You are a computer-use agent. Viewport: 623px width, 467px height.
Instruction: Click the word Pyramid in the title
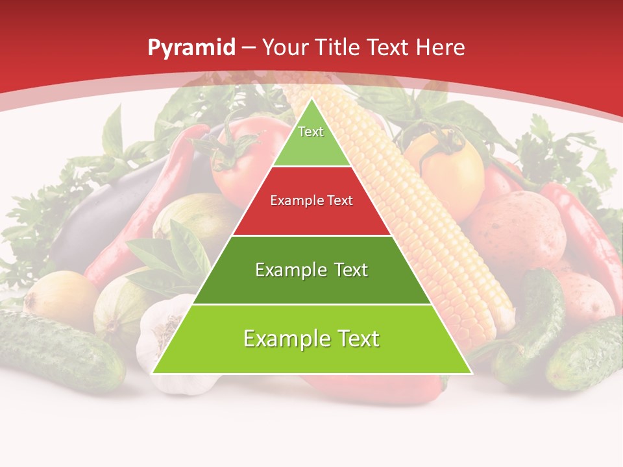tap(191, 47)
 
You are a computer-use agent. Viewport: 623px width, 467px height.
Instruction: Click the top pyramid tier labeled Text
tap(311, 139)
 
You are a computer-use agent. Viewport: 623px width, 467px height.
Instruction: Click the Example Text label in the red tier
tap(311, 200)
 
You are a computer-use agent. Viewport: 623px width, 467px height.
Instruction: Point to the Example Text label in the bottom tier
tap(311, 339)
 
